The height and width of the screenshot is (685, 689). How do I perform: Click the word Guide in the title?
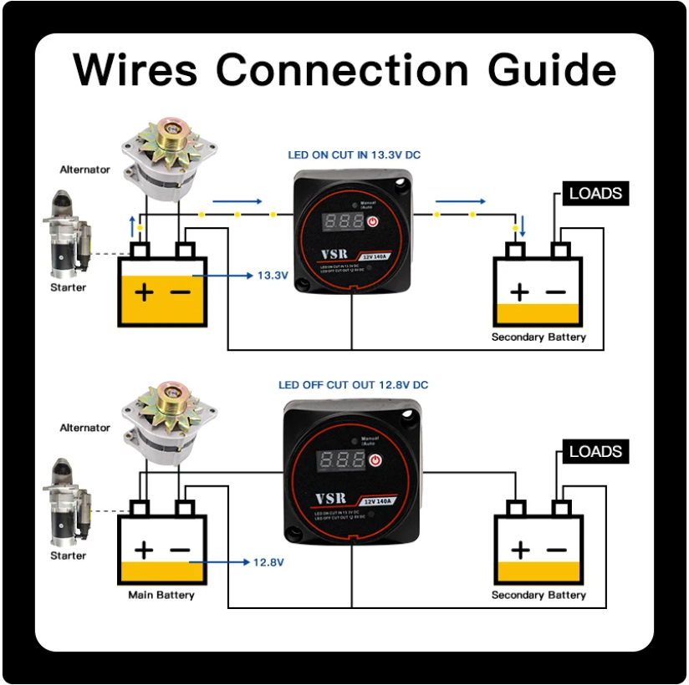[552, 69]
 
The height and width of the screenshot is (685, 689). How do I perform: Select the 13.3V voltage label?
[273, 275]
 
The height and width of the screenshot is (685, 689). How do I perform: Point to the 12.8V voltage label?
[268, 562]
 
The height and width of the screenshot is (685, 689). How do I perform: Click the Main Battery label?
[161, 596]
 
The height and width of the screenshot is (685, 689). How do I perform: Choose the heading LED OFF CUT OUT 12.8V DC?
[353, 385]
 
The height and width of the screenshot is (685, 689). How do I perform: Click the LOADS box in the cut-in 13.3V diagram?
[595, 194]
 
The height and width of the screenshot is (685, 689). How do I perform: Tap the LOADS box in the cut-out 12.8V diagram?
[595, 452]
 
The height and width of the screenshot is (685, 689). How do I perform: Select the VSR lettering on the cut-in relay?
[331, 256]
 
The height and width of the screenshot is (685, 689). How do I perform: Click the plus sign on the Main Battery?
[145, 551]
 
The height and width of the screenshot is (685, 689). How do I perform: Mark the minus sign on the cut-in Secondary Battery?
[556, 292]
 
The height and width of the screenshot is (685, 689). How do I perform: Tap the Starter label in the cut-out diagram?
[69, 556]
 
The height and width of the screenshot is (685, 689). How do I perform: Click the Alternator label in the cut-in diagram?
[84, 170]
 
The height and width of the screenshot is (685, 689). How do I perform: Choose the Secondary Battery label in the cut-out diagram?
[538, 596]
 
